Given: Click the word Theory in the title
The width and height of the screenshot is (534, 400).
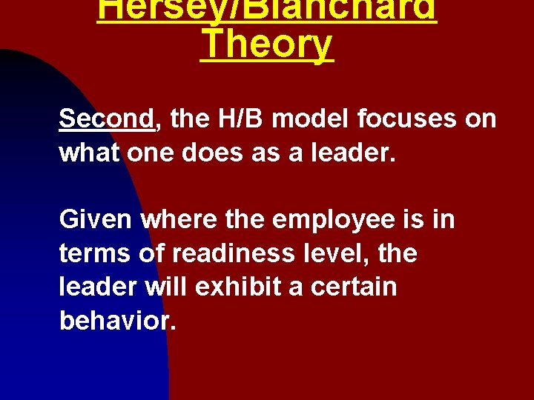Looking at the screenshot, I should [267, 44].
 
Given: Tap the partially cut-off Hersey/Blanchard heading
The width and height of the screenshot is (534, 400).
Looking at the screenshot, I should [267, 10].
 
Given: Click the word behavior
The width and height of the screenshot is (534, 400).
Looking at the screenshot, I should [117, 320].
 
